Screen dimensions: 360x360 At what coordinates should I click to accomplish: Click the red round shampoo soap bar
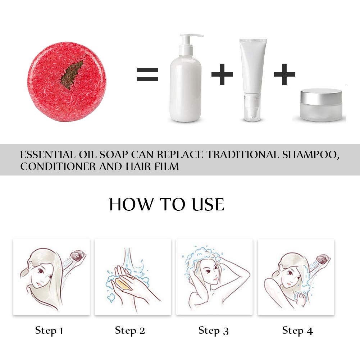(67, 82)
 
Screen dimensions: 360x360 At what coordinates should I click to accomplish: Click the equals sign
(147, 74)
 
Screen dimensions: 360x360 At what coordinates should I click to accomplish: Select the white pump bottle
(186, 78)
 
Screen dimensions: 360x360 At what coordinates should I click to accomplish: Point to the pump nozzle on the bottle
(191, 36)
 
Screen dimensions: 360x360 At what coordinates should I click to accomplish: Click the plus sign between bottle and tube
(222, 74)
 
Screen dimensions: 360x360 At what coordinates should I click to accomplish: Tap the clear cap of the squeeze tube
(252, 106)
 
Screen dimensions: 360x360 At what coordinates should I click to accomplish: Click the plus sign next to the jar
(284, 74)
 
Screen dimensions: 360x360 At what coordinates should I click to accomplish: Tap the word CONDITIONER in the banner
(58, 167)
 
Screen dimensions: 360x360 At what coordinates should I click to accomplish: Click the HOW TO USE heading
(167, 204)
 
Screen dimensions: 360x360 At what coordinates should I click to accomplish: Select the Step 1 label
(49, 331)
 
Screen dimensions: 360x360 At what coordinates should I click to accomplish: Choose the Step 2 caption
(130, 331)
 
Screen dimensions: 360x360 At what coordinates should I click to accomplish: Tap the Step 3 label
(214, 331)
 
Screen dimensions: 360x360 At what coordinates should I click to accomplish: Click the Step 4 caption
(297, 331)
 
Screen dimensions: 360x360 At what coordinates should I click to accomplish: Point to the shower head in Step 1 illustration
(78, 256)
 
